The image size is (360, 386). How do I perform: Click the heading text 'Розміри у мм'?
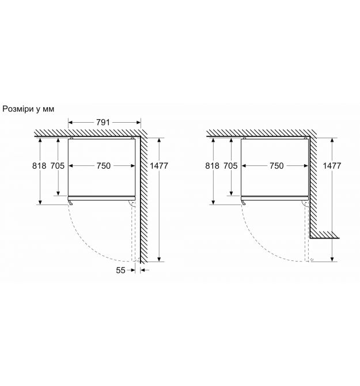point(28,109)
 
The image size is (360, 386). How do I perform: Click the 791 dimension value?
point(103,122)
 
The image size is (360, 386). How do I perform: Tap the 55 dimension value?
point(120,270)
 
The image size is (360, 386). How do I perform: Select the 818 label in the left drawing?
point(39,166)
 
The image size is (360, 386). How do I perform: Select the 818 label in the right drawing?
point(212,166)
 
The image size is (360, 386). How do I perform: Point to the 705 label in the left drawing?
point(58,166)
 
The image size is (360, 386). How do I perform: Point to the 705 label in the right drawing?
point(230,166)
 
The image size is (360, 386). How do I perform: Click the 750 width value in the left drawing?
point(103,166)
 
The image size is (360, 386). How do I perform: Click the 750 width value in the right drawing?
point(276,166)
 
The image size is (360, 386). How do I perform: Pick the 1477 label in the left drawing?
point(159,166)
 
